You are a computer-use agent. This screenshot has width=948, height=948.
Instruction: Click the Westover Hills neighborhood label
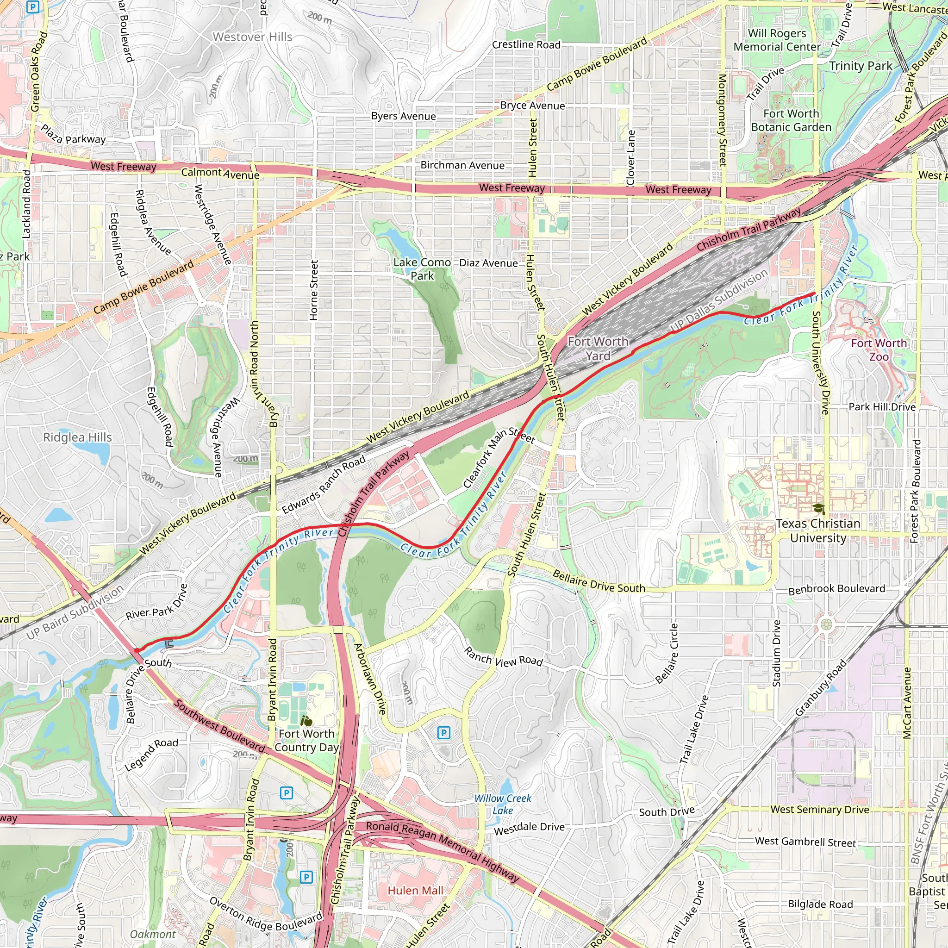tap(252, 37)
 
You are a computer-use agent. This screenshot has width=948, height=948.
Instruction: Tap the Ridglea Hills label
tap(77, 437)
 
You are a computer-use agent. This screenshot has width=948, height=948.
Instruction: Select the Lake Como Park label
tap(422, 269)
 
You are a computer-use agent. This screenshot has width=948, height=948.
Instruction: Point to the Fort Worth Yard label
tap(598, 349)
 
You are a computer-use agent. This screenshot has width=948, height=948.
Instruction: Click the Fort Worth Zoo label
tap(879, 350)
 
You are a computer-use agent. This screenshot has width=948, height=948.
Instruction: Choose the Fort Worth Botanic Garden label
tap(791, 120)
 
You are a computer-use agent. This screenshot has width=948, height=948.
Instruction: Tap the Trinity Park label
tap(861, 66)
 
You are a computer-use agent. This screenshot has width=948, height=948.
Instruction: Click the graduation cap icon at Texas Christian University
tap(818, 508)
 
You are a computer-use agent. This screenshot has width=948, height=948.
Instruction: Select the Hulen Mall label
tap(415, 890)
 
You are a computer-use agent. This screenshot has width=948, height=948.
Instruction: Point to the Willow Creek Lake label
tap(502, 804)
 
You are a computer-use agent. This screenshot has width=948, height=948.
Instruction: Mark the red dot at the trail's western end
tap(137, 651)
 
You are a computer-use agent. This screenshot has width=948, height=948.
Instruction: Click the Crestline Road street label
tap(526, 44)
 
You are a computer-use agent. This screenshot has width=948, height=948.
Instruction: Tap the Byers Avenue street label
tap(403, 116)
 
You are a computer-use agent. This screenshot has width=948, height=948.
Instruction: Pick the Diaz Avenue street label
tap(488, 263)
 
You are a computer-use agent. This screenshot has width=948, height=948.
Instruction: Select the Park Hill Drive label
tap(882, 407)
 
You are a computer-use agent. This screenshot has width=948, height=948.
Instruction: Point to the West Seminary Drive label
tap(819, 809)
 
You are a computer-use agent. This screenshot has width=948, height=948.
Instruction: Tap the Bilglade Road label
tap(820, 904)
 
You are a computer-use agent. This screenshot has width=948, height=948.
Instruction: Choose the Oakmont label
tap(153, 934)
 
